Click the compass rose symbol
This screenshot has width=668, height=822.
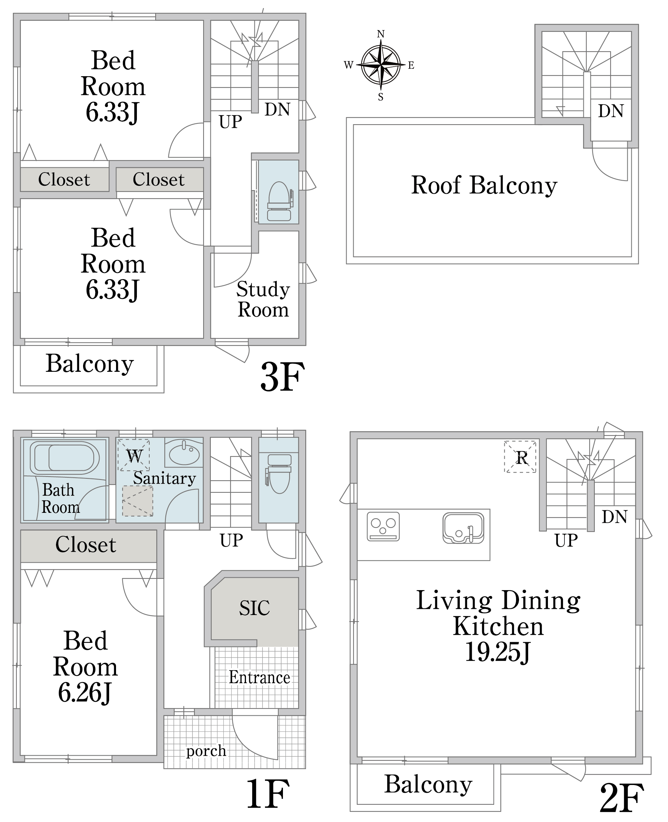(x=380, y=65)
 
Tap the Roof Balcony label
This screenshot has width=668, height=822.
(x=484, y=186)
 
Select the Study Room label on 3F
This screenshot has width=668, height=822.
(x=263, y=299)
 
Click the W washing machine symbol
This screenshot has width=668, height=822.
(x=134, y=455)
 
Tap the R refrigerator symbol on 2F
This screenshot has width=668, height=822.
(x=520, y=457)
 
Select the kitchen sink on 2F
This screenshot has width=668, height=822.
(x=463, y=528)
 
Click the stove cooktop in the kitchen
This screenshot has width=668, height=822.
(x=383, y=526)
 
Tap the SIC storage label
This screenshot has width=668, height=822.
(x=254, y=608)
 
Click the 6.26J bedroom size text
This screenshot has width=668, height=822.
(x=85, y=693)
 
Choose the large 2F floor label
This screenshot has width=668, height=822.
(x=622, y=798)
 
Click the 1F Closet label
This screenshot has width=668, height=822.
(x=86, y=545)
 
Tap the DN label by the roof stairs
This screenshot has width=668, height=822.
(x=611, y=111)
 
